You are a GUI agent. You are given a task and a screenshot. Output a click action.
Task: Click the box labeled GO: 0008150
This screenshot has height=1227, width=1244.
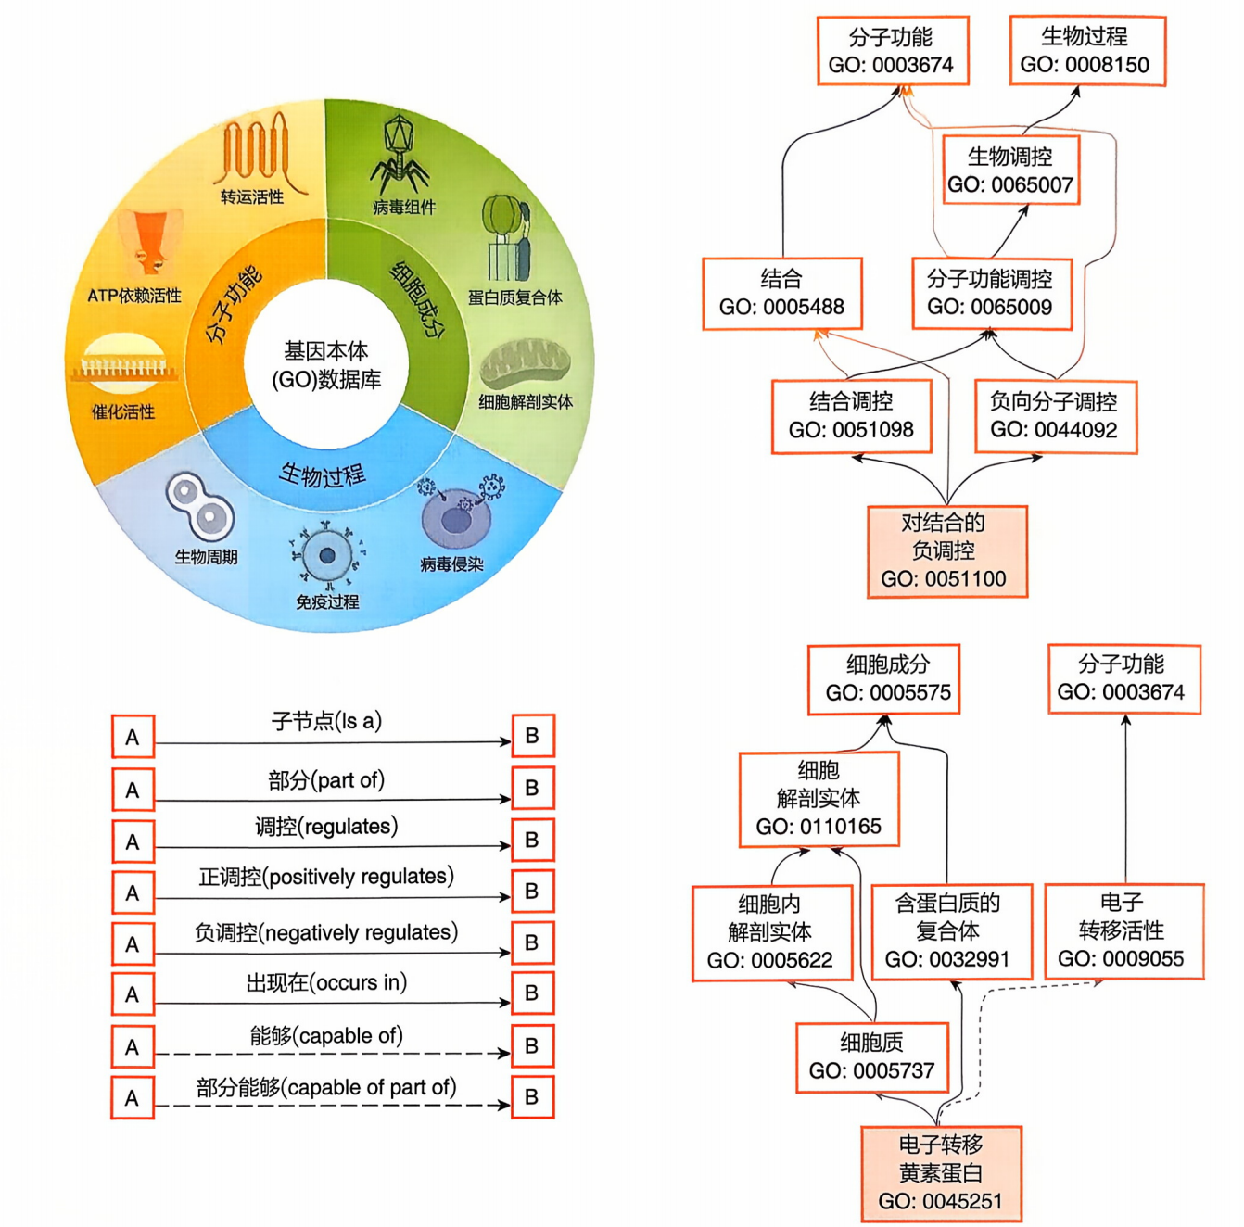click(1086, 51)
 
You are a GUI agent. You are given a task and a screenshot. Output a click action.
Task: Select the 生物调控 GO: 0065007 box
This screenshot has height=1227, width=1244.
click(1009, 171)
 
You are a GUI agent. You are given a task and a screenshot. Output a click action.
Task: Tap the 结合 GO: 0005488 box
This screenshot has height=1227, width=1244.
click(782, 294)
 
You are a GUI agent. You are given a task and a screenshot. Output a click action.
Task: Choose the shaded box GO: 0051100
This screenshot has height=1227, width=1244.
click(946, 551)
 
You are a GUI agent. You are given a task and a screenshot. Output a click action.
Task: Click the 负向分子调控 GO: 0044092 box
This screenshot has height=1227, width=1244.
click(1055, 416)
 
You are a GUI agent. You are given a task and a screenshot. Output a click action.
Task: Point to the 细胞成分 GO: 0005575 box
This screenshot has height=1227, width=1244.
click(883, 679)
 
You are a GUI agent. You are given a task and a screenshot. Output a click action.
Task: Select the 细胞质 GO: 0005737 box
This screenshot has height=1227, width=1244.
click(871, 1057)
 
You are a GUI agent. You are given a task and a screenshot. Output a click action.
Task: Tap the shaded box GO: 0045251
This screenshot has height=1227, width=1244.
click(941, 1174)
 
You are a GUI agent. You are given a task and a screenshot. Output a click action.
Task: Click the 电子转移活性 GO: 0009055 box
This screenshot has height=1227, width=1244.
click(1123, 931)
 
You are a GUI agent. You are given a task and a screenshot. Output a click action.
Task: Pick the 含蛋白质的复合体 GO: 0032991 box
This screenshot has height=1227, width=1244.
click(951, 931)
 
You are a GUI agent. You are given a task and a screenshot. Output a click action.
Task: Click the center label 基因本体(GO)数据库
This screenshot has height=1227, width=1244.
click(326, 365)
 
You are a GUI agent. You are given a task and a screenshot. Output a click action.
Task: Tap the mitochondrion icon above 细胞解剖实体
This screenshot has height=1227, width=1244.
click(525, 364)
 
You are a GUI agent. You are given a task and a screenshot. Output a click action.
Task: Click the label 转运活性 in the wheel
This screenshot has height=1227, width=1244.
click(252, 196)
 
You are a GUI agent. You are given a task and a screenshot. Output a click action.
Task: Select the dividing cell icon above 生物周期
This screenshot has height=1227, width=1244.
click(200, 506)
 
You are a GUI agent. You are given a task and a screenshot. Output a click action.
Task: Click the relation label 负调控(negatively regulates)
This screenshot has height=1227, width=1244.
click(326, 932)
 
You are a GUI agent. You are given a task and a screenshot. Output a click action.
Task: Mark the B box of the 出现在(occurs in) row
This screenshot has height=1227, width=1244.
click(532, 993)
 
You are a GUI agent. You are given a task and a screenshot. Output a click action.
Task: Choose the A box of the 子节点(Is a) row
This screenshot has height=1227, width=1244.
click(133, 737)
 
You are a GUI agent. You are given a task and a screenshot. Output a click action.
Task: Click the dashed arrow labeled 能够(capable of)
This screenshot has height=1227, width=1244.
click(332, 1054)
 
